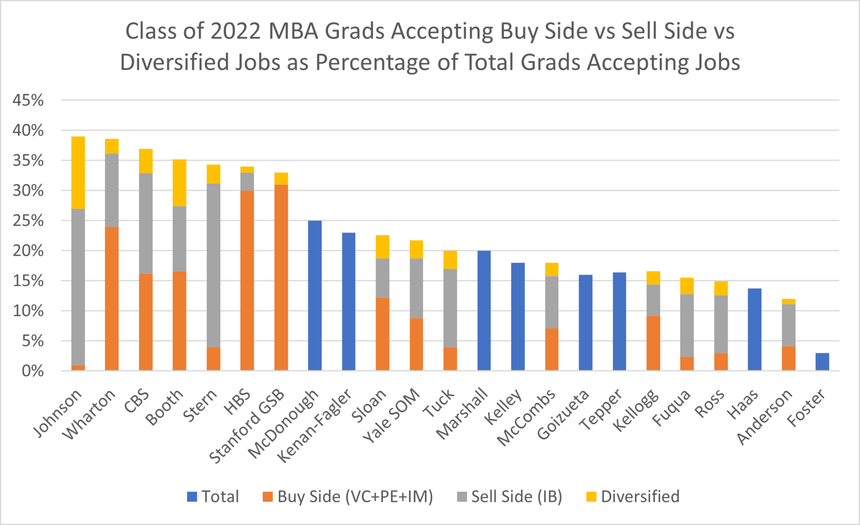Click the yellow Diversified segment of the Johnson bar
[x=78, y=172]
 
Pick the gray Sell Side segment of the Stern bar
[x=213, y=265]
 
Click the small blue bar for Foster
[x=822, y=362]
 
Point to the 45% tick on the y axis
[x=28, y=100]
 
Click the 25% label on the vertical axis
[x=28, y=221]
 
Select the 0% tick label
[x=32, y=371]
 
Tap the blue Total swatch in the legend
[x=192, y=497]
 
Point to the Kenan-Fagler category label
[x=316, y=425]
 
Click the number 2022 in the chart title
[x=236, y=31]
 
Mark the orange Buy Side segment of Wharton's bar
[x=112, y=298]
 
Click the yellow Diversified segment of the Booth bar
[x=179, y=183]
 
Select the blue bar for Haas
[x=755, y=330]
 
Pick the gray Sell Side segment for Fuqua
[x=687, y=325]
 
